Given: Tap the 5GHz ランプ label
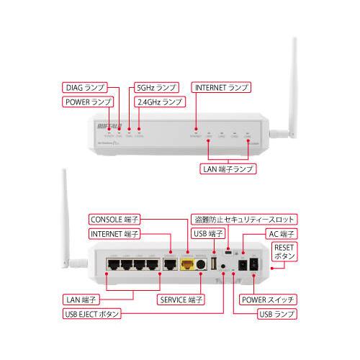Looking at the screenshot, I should click(x=155, y=87).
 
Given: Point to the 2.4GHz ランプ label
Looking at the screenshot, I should click(x=159, y=103).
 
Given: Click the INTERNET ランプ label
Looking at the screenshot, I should click(x=221, y=87).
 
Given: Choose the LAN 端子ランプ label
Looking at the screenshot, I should click(x=228, y=171).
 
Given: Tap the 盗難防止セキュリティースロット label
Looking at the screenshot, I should click(x=245, y=218).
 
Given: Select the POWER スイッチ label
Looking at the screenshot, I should click(x=267, y=299).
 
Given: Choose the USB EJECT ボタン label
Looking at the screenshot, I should click(x=90, y=315).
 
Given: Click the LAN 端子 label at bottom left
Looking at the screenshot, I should click(x=81, y=299).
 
